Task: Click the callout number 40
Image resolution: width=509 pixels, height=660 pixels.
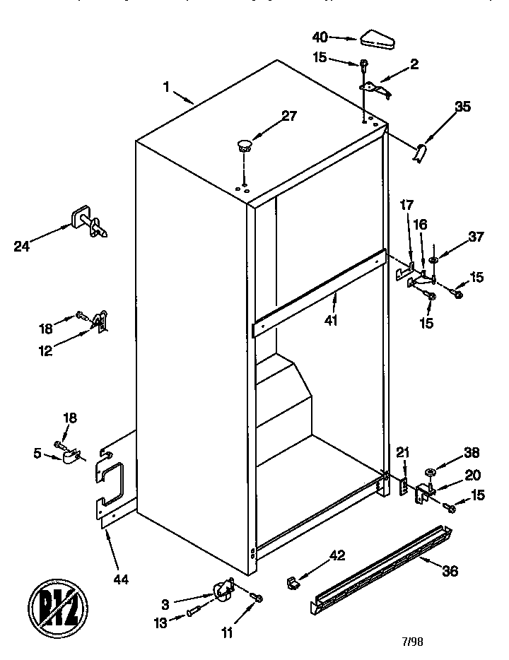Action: point(321,35)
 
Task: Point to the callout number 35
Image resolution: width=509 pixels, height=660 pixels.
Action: point(462,107)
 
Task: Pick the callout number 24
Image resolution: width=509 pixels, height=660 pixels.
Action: point(22,247)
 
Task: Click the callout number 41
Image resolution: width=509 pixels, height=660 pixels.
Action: point(330,320)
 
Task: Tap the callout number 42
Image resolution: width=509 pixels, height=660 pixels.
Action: point(337,555)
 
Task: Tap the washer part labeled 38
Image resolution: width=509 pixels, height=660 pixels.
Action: point(429,472)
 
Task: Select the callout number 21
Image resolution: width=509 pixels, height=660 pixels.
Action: point(402,453)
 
